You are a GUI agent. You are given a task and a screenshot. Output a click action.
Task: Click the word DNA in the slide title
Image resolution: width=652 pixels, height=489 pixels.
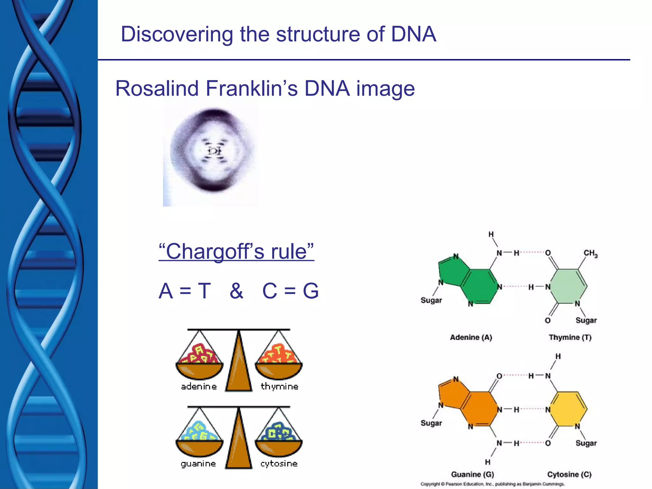[413, 34]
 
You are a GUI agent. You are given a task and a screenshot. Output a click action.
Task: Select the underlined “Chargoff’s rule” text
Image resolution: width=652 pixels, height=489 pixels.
[236, 252]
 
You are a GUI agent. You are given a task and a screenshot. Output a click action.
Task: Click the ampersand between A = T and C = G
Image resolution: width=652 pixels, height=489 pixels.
[236, 291]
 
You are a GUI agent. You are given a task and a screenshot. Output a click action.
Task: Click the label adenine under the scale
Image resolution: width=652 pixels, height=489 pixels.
[199, 386]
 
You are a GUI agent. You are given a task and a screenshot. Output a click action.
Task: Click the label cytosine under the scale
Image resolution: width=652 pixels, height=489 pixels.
[279, 464]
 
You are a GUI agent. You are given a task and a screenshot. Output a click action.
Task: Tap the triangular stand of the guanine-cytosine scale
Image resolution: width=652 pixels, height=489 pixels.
[239, 443]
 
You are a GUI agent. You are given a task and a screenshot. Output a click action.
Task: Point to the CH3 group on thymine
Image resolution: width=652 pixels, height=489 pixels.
[590, 253]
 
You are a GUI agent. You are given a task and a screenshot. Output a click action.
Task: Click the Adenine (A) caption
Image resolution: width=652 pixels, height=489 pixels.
[471, 337]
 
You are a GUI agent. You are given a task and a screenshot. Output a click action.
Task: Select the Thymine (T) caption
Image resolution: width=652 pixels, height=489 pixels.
[570, 337]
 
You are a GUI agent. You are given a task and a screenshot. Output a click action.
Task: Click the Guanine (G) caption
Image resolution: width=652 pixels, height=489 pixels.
[472, 474]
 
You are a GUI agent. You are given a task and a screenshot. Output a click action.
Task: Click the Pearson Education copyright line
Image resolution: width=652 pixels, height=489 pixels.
[493, 484]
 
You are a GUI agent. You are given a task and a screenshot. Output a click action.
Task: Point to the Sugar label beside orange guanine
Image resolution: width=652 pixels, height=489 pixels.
[431, 423]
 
